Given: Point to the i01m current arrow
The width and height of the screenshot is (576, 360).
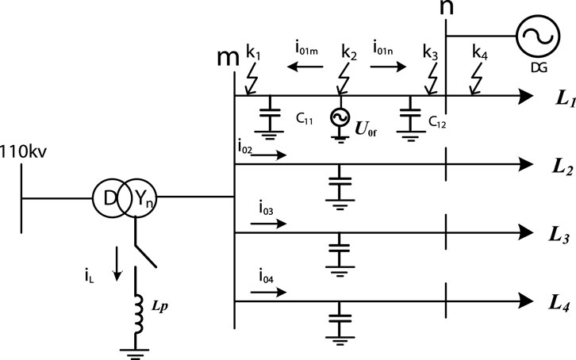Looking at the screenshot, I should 301,69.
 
